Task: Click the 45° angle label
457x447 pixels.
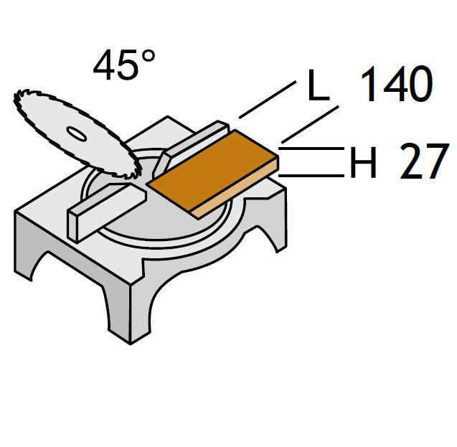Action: pyautogui.click(x=124, y=65)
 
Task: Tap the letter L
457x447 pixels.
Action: pyautogui.click(x=319, y=85)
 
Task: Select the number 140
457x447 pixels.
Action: pyautogui.click(x=397, y=84)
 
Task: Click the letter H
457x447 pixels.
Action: pyautogui.click(x=363, y=162)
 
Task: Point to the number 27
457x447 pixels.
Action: pyautogui.click(x=424, y=161)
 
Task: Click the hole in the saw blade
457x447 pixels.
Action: pyautogui.click(x=76, y=133)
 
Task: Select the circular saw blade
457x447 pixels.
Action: pyautogui.click(x=77, y=134)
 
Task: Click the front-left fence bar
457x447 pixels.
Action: pyautogui.click(x=106, y=211)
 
